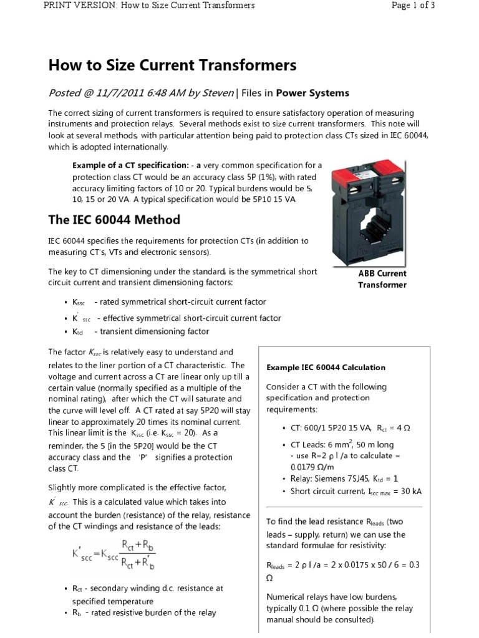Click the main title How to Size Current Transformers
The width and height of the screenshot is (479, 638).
point(172,65)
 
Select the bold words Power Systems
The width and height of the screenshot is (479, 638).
point(312,93)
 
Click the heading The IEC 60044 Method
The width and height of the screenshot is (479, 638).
point(114,219)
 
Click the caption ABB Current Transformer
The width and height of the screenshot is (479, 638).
point(382,279)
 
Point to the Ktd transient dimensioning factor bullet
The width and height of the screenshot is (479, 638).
point(140,331)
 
